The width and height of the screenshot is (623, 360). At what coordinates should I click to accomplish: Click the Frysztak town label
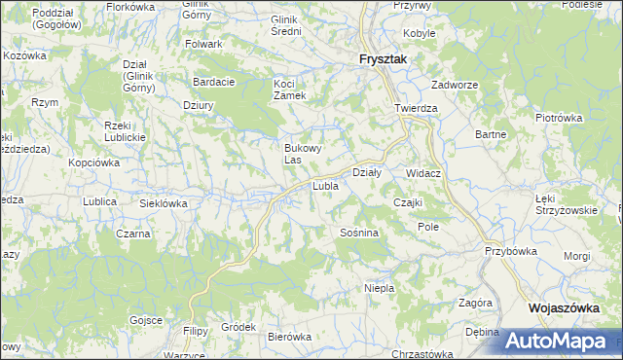coord(382,58)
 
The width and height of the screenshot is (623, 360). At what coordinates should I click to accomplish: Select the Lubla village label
coord(324,185)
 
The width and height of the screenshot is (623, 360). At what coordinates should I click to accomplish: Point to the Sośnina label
coord(358,234)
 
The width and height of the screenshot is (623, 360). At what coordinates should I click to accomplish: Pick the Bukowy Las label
coord(300,153)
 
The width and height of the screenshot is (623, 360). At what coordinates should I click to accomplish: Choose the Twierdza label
coord(416,108)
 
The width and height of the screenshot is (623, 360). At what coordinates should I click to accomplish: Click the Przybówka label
coord(511,250)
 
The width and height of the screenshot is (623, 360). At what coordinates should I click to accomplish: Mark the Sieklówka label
coord(164,204)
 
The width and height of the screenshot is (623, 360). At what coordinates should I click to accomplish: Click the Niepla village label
coord(379,289)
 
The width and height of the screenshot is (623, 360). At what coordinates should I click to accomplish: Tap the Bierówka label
coord(289,337)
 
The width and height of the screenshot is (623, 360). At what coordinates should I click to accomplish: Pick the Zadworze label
coord(454,85)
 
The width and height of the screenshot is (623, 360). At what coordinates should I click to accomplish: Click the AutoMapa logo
coord(560,341)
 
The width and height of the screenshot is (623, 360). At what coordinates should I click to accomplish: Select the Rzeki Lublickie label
coord(125,131)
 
